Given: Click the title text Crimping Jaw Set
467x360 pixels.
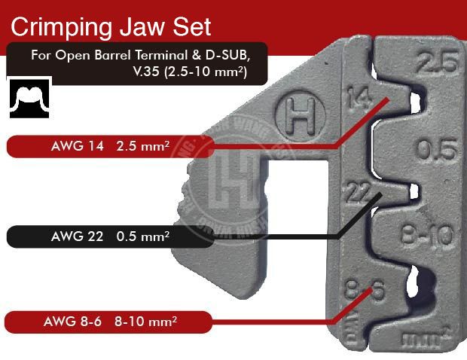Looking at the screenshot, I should pos(111,27).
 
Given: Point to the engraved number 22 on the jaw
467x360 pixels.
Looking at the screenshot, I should pos(356,191).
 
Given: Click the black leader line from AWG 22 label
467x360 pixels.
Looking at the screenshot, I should pos(279,236).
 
